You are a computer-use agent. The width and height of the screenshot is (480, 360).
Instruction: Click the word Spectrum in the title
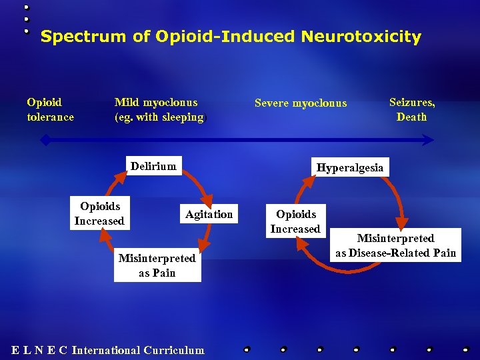(x=73, y=37)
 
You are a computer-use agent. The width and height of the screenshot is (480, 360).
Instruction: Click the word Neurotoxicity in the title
(x=361, y=37)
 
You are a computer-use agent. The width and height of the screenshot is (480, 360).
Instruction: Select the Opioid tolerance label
(x=50, y=109)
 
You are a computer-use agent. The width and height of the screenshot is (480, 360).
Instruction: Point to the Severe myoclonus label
(x=301, y=103)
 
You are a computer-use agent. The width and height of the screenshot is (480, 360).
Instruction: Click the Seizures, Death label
(x=412, y=109)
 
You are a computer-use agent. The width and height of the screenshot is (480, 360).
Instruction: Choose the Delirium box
(x=153, y=166)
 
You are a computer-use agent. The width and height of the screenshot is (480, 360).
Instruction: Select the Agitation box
(x=209, y=214)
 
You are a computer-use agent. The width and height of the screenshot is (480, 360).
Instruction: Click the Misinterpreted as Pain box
(x=157, y=265)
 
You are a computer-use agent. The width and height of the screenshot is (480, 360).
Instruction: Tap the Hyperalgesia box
(x=350, y=167)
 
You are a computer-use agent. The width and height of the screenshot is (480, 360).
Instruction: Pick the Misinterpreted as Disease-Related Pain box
(x=395, y=245)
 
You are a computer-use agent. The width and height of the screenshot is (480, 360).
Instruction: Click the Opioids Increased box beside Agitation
(x=99, y=213)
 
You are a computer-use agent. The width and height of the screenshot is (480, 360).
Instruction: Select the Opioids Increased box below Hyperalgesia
(x=295, y=221)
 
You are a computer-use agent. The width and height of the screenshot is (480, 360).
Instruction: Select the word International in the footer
(x=106, y=350)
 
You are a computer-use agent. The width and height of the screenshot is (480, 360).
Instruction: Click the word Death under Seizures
(x=412, y=117)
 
